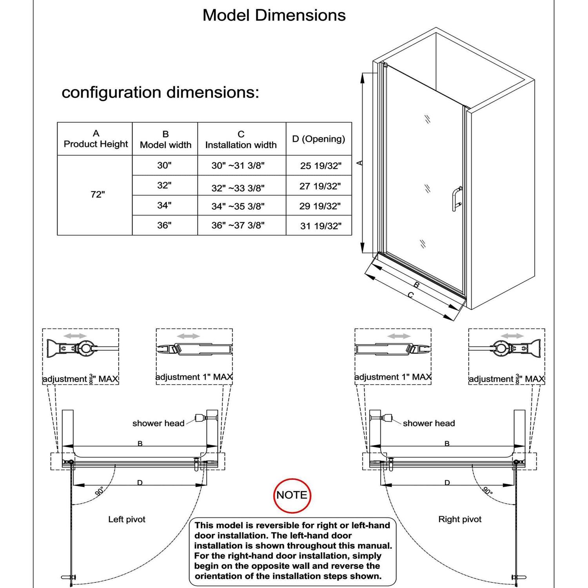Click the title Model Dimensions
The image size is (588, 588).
(274, 15)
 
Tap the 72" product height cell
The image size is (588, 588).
(98, 194)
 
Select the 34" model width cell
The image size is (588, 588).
(165, 205)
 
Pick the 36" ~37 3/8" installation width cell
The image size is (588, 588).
(238, 225)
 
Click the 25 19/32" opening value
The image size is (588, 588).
(321, 166)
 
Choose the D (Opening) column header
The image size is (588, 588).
(319, 139)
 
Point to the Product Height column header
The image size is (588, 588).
(96, 139)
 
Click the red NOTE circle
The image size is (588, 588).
(292, 495)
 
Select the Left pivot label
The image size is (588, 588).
(127, 519)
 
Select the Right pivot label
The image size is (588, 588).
(460, 519)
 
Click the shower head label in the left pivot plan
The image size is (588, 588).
(158, 423)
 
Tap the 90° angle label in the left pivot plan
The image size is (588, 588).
(100, 491)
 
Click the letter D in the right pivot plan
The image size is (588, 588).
(447, 483)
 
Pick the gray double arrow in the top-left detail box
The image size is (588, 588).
(75, 336)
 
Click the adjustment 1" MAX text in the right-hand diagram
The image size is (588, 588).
(393, 377)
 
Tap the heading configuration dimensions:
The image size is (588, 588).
(160, 93)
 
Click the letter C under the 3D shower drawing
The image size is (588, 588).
(410, 295)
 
